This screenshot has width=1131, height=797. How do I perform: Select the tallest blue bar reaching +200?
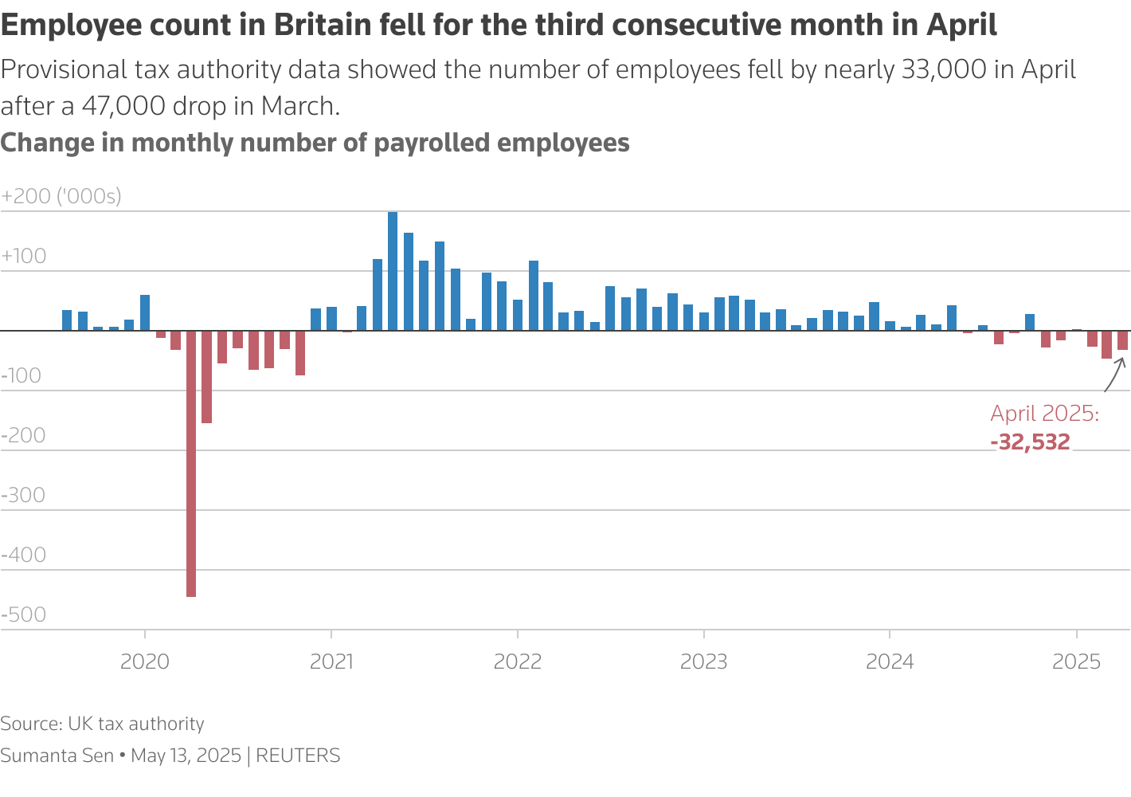(393, 271)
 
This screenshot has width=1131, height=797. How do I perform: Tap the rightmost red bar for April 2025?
(1122, 340)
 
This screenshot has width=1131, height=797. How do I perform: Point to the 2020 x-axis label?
(145, 662)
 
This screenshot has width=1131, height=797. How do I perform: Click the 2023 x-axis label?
(704, 662)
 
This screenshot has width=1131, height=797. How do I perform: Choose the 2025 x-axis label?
(1077, 662)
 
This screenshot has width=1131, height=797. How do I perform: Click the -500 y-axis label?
(24, 614)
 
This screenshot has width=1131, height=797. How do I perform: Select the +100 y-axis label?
(24, 256)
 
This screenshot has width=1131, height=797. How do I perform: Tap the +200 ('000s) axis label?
(61, 196)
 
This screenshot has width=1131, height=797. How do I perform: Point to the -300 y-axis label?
(24, 495)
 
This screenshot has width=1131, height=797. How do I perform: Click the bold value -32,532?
(1031, 442)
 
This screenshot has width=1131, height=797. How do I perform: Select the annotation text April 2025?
(1044, 414)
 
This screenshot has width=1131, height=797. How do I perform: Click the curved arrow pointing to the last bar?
(1113, 375)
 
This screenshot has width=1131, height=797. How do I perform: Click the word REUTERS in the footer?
(298, 756)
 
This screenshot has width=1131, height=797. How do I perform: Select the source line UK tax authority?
(135, 724)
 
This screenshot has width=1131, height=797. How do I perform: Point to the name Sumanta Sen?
(57, 756)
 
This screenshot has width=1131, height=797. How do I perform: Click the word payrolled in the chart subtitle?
(432, 143)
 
